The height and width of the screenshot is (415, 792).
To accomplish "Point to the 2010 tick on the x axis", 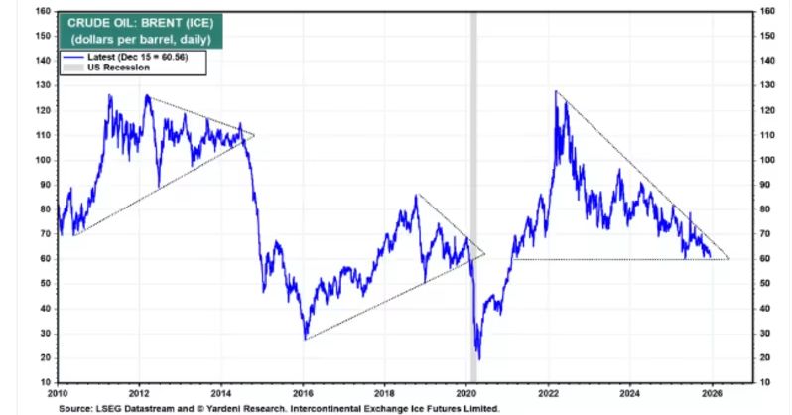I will (x=57, y=393).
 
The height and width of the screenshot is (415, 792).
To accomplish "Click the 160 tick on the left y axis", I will (x=44, y=11).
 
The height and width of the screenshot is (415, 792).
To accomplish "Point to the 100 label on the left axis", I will (x=44, y=160).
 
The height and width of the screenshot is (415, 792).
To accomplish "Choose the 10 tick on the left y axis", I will (x=46, y=382).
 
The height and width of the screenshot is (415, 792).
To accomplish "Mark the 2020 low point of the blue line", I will (x=478, y=358).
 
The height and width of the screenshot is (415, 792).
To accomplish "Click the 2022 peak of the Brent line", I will (x=557, y=92).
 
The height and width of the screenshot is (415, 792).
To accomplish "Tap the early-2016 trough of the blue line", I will (x=306, y=338).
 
